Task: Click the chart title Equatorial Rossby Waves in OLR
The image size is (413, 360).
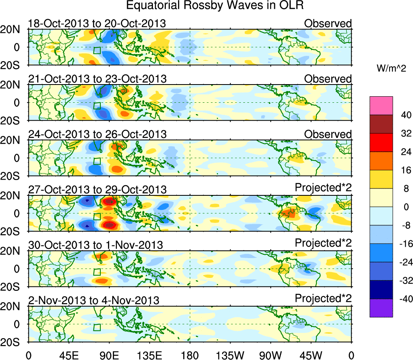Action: [215, 6]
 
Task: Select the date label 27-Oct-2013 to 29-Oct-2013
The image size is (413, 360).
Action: [97, 190]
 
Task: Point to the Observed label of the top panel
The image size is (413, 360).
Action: [328, 23]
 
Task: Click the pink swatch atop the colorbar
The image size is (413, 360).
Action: [381, 106]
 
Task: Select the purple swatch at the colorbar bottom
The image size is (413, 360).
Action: [381, 308]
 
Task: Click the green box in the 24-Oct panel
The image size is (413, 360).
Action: [97, 161]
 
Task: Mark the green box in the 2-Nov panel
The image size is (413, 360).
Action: [97, 327]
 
